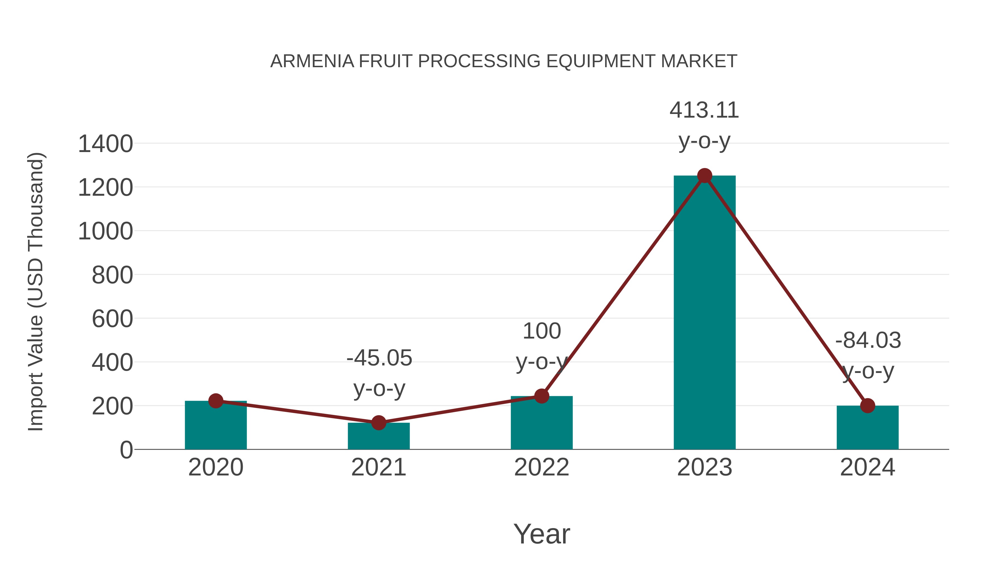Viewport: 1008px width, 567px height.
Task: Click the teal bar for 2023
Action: [x=704, y=313]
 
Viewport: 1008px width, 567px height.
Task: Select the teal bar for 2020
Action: [x=216, y=426]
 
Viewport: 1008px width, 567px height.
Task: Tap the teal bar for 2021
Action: [x=378, y=437]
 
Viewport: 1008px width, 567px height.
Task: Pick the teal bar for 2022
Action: [x=542, y=424]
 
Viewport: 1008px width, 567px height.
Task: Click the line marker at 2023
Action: [x=704, y=176]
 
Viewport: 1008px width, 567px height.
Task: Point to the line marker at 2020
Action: [x=216, y=401]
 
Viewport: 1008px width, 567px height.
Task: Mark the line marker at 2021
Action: [x=378, y=423]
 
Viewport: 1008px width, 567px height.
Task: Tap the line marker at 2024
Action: [x=867, y=406]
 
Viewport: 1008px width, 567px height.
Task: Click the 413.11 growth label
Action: [x=704, y=110]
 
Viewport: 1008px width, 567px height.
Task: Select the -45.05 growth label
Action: [x=379, y=358]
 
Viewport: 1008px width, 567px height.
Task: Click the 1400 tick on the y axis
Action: [x=105, y=144]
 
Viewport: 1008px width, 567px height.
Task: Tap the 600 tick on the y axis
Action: [x=112, y=319]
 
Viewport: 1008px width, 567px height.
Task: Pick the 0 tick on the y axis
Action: [x=126, y=450]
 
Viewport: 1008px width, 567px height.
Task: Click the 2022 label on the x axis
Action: [x=542, y=468]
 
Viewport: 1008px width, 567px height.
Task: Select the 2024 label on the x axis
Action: [x=867, y=468]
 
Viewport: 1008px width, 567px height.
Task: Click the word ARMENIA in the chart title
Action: [x=312, y=61]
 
